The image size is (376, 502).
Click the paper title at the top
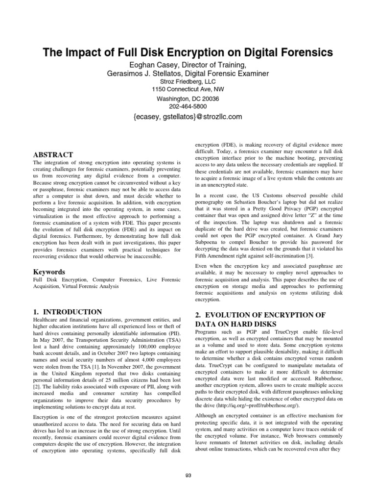click(188, 52)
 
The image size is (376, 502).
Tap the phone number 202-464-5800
click(188, 106)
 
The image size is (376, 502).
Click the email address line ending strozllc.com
click(188, 117)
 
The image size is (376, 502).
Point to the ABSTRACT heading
click(53, 154)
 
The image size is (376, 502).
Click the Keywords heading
click(49, 271)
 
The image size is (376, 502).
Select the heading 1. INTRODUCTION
click(68, 312)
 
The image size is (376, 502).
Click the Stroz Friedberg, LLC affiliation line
click(188, 81)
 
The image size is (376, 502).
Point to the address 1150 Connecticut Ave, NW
click(188, 90)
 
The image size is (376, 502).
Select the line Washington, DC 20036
click(188, 98)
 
